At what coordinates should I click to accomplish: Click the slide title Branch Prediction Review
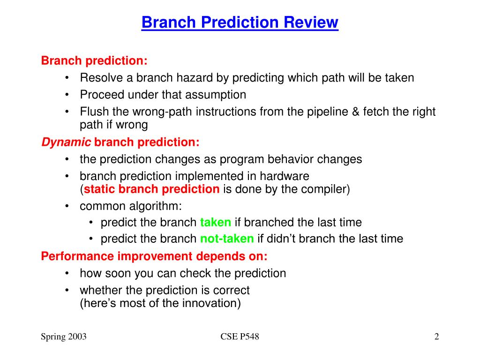coord(240,22)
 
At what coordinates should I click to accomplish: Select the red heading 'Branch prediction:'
coord(94,60)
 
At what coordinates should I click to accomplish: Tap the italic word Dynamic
coord(66,142)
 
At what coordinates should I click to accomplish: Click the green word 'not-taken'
coord(227,239)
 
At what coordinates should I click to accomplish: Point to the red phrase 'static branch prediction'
coord(151,189)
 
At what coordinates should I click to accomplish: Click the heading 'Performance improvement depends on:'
coord(154,256)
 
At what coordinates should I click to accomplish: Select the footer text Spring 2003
coord(64,337)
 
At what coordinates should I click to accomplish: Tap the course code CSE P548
coord(240,337)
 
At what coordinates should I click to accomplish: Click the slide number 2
coord(436,337)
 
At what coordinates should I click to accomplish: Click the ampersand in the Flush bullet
coord(355,112)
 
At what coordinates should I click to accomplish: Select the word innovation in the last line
coord(209,303)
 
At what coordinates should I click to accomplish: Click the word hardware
coord(285,176)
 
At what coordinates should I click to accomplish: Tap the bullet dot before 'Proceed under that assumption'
coord(67,95)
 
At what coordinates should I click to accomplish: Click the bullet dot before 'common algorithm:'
coord(67,206)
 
